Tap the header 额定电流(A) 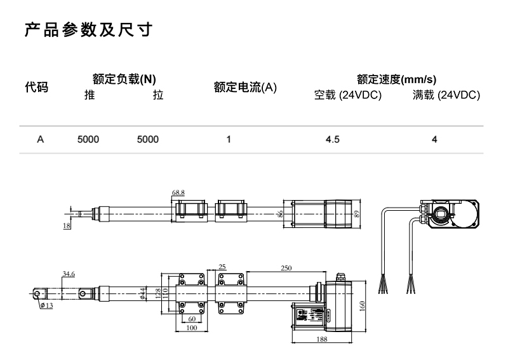click(x=245, y=88)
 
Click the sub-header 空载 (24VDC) click(x=348, y=96)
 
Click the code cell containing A click(x=40, y=139)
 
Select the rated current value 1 click(x=228, y=139)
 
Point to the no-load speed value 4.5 click(x=333, y=139)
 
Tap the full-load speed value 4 click(x=434, y=139)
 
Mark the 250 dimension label click(x=286, y=268)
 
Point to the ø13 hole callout click(x=46, y=305)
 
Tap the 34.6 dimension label click(x=69, y=274)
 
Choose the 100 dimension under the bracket click(x=192, y=328)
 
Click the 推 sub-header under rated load click(x=90, y=96)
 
